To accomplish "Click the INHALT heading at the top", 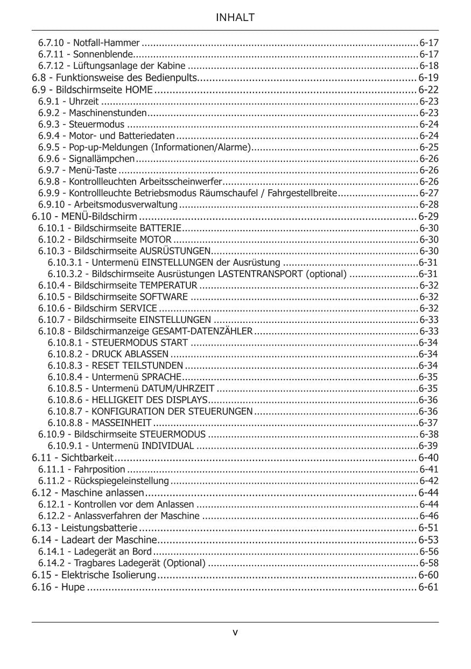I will tap(235, 18).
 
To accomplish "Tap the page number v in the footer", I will tap(235, 632).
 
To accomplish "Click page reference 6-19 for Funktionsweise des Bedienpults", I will tap(428, 78).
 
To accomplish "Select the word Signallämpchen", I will tap(102, 158).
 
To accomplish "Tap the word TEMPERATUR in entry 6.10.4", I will tap(168, 285).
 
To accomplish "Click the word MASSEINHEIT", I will tap(122, 423).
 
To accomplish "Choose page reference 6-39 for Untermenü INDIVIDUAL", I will tap(428, 446).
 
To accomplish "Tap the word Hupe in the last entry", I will tap(73, 587).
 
